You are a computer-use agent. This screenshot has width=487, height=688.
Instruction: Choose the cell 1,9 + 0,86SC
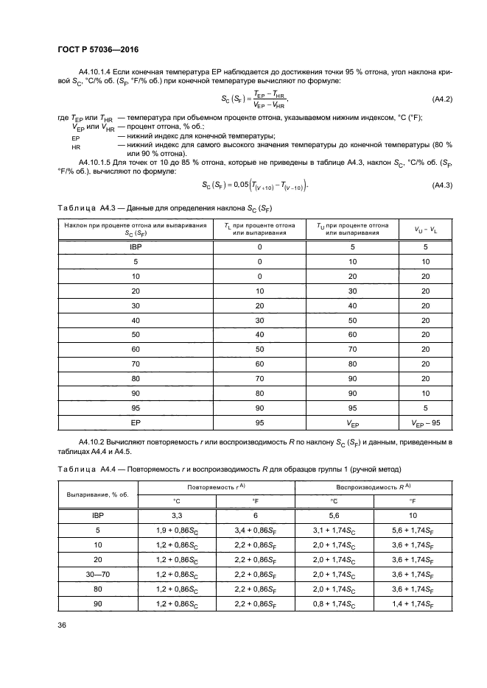click(176, 531)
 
